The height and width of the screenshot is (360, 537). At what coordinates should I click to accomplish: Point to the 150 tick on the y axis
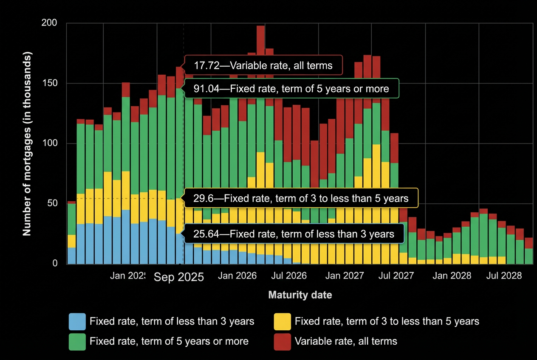pos(49,83)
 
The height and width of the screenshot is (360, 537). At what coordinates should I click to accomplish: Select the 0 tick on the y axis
pos(54,264)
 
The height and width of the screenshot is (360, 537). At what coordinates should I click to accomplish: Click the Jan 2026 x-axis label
pos(237,276)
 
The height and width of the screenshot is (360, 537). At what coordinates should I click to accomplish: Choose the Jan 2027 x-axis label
pos(345,276)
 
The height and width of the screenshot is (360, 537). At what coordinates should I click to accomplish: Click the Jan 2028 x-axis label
pos(452,276)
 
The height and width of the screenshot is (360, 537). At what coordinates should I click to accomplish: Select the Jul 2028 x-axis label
pos(504,276)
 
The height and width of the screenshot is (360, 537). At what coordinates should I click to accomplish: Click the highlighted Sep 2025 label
pos(179,277)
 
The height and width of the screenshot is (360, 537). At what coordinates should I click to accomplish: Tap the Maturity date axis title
pos(300,295)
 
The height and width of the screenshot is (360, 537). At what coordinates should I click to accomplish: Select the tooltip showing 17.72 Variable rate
pos(263,65)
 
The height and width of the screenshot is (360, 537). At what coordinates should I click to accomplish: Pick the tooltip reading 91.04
pos(291,88)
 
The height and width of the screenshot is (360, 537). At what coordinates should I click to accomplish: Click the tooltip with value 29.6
pos(301,198)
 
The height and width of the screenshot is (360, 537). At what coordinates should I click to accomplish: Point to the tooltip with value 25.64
pos(294,234)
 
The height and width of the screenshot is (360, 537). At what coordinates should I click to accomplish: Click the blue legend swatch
pos(77,321)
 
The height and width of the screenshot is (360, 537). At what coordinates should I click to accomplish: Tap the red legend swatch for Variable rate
pos(282,341)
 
